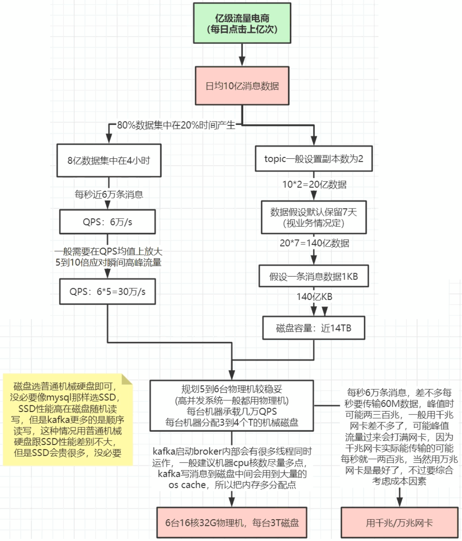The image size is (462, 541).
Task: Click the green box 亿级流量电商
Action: coord(242,23)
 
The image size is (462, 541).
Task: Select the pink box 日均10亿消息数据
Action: coord(242,86)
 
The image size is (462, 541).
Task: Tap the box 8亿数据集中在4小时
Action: coord(109,160)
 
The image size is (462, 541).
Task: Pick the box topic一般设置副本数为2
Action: coord(314,159)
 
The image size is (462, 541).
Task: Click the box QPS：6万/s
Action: coord(107,222)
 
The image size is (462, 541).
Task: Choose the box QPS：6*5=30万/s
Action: coord(107,292)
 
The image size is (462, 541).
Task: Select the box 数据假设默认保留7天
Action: coord(314,218)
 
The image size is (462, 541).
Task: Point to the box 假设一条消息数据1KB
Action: coord(314,276)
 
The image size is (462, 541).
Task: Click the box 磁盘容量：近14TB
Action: coord(314,328)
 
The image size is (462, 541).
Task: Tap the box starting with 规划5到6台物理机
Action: coord(231,406)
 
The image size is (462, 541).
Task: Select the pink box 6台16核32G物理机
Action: coord(232,523)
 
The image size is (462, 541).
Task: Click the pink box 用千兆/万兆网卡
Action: coord(399,523)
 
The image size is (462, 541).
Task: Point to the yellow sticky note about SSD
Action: coord(68,419)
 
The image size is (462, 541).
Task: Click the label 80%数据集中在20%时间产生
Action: coord(176,125)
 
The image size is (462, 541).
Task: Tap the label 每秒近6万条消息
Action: coord(109,194)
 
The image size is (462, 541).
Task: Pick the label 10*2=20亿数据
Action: coord(315,184)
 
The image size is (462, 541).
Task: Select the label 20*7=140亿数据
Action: coord(315,243)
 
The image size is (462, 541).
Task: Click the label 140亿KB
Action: coord(315,297)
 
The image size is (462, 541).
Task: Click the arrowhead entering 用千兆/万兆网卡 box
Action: coord(400,503)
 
